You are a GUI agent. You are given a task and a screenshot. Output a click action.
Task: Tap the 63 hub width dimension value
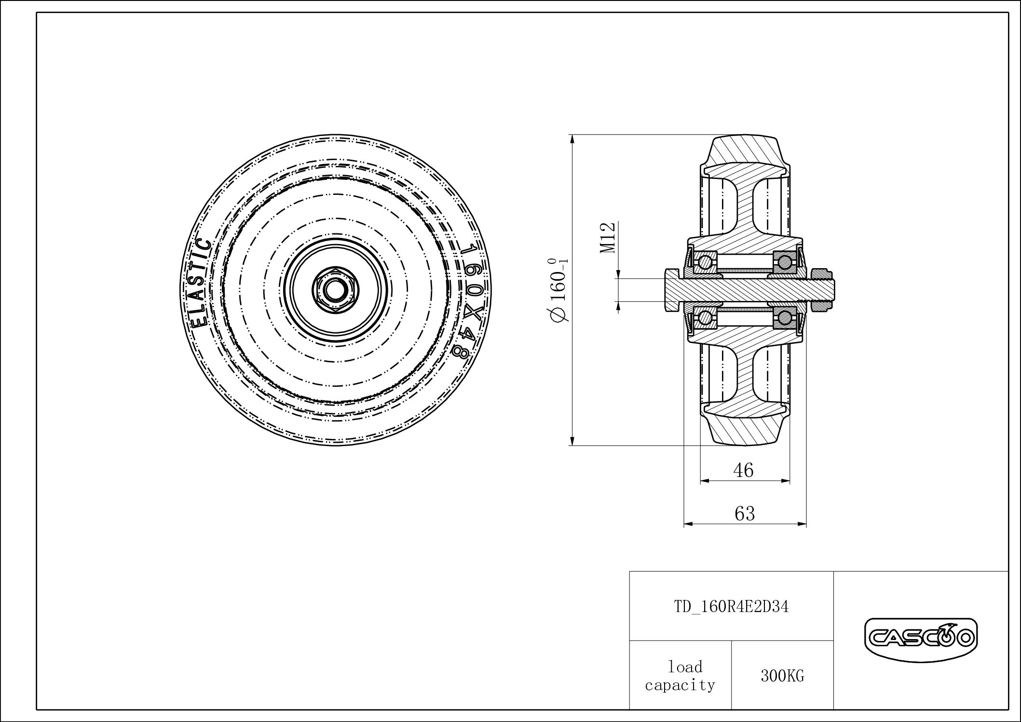pos(744,513)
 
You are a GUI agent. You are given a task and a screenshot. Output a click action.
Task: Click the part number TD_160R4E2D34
pos(731,607)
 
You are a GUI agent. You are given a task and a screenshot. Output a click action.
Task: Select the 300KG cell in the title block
pos(782,676)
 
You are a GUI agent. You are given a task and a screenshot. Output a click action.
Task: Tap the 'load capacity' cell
pos(680,675)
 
